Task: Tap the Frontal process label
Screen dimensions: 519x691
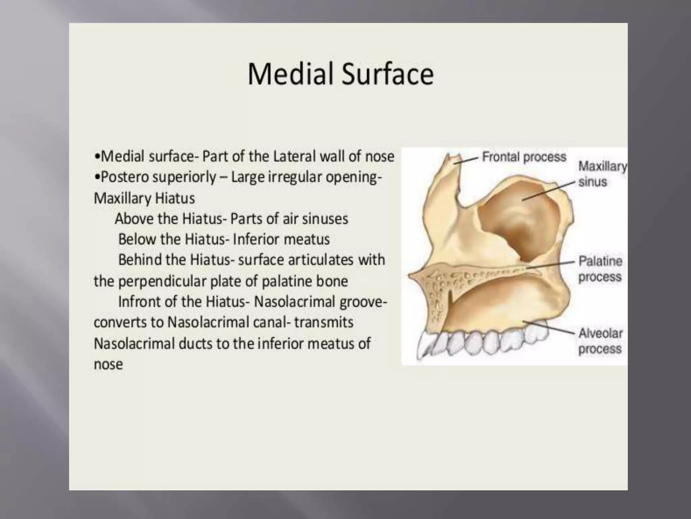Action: (524, 157)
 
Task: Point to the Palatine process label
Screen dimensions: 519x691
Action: (600, 269)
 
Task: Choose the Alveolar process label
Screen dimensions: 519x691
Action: (600, 341)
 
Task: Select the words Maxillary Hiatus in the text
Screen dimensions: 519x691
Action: (144, 198)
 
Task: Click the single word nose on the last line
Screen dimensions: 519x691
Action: (108, 365)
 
